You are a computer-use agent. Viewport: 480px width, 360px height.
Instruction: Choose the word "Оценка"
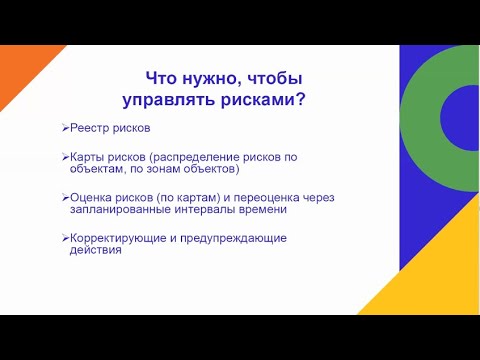coord(90,198)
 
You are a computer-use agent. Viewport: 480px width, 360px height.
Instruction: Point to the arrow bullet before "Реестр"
coord(64,129)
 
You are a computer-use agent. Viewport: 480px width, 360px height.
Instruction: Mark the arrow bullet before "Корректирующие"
coord(64,238)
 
